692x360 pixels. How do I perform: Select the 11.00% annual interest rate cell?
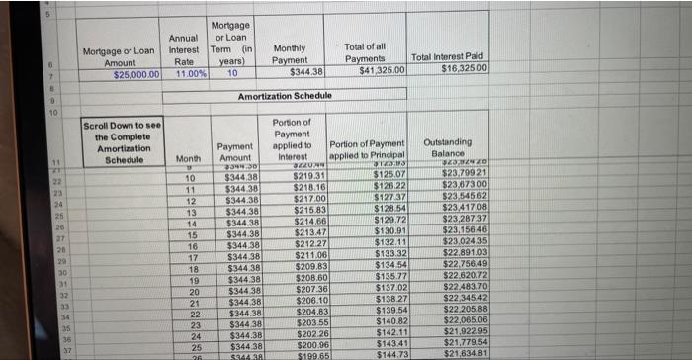(185, 73)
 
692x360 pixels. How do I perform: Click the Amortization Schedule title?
(284, 95)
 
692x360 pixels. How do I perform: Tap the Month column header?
(186, 158)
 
